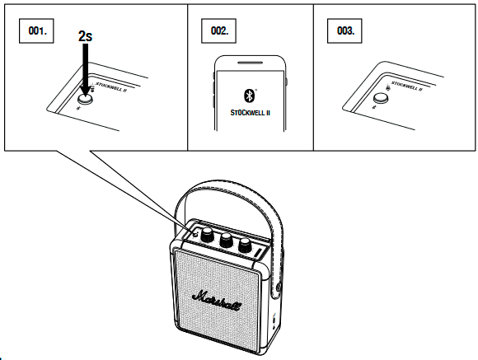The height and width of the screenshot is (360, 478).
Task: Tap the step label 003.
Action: click(345, 30)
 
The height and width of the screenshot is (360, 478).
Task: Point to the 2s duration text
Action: click(84, 36)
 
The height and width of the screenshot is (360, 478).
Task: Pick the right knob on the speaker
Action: click(245, 245)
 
